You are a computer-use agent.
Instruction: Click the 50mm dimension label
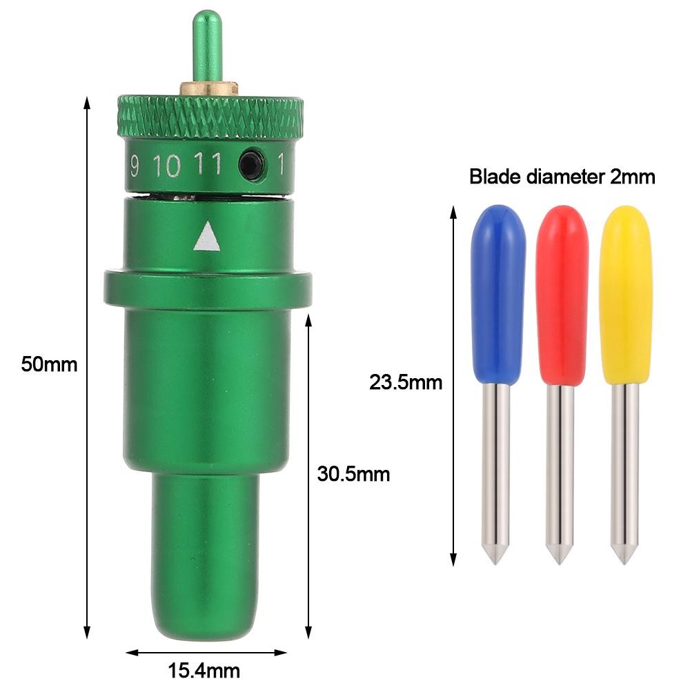(x=49, y=364)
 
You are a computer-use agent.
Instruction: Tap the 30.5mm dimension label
(x=353, y=474)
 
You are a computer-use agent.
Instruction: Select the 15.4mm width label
(x=204, y=671)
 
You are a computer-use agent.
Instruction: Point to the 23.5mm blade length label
(x=405, y=382)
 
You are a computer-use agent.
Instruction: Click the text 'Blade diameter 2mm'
(x=562, y=177)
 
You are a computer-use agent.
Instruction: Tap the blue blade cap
(x=497, y=294)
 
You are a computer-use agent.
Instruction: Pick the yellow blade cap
(x=625, y=295)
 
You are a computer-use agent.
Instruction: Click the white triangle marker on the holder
(x=207, y=237)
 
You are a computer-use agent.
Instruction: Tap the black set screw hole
(x=252, y=165)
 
